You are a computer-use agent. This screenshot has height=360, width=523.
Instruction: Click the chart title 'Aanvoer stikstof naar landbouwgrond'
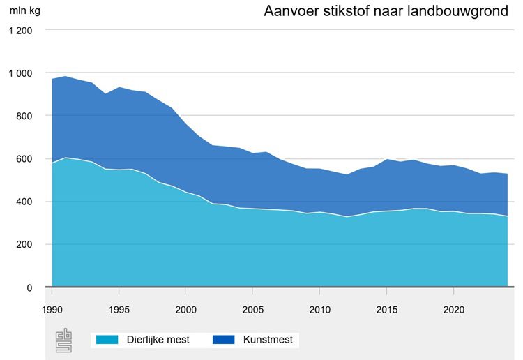(x=386, y=13)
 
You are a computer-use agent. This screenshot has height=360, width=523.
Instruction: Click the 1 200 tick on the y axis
(x=21, y=31)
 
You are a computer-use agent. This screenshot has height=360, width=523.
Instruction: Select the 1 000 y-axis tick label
(x=21, y=73)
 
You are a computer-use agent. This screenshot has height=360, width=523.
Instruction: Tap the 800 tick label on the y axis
(x=24, y=116)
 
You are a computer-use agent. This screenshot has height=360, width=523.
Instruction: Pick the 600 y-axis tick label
(x=24, y=159)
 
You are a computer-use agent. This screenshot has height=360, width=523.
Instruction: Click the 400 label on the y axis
(x=24, y=202)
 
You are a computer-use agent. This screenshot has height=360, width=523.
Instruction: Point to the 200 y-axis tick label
(x=24, y=244)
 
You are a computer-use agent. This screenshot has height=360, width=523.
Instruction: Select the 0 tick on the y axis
(x=29, y=287)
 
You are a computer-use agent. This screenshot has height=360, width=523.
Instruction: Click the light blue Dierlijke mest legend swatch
(x=106, y=340)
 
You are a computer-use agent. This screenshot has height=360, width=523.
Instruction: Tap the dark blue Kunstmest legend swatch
(x=222, y=340)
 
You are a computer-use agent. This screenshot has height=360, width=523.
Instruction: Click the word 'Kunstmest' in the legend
(x=268, y=340)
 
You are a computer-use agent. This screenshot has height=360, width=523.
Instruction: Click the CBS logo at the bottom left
(x=63, y=339)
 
